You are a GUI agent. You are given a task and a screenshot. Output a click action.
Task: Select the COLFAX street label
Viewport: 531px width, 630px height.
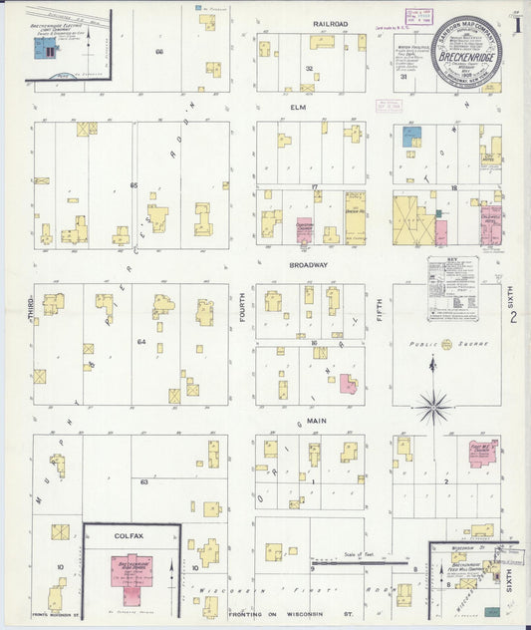click(130, 536)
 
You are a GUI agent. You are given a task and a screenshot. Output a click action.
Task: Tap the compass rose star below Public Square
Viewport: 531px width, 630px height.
click(433, 406)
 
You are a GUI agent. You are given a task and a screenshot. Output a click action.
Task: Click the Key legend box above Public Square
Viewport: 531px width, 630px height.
click(450, 288)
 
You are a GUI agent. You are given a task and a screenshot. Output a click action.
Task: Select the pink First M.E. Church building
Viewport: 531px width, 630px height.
click(484, 453)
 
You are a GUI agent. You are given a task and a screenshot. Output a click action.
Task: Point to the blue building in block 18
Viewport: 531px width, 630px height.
click(411, 137)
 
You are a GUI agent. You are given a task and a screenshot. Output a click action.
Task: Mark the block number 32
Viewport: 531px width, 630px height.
click(310, 69)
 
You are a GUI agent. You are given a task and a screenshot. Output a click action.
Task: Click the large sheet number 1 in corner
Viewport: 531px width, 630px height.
click(516, 21)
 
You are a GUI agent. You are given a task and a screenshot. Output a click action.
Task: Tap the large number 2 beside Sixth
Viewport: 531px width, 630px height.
click(513, 318)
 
